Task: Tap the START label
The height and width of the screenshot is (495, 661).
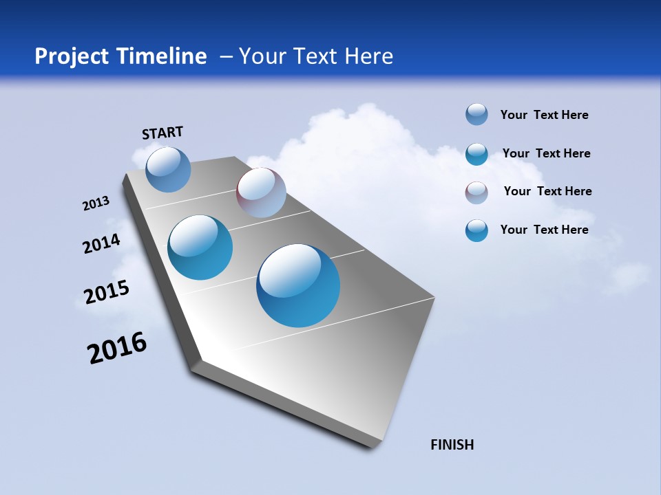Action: (x=162, y=133)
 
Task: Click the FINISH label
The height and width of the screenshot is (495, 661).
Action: (x=452, y=445)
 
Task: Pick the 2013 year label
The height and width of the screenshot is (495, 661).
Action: (x=96, y=203)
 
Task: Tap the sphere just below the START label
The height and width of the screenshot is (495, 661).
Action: (x=168, y=169)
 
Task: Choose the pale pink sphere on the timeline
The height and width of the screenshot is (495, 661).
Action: (x=261, y=192)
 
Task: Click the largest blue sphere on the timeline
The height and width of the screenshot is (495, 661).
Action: (x=298, y=285)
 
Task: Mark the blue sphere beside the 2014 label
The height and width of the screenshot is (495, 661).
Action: (x=200, y=247)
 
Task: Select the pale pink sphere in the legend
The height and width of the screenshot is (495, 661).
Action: (x=476, y=192)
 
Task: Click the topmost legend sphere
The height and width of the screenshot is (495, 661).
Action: (x=476, y=115)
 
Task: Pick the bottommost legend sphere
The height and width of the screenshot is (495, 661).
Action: (x=476, y=230)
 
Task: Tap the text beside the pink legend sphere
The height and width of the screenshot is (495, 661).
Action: (x=547, y=191)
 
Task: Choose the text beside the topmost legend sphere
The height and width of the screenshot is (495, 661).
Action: (x=544, y=115)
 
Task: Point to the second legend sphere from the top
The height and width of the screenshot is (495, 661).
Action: (x=476, y=154)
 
